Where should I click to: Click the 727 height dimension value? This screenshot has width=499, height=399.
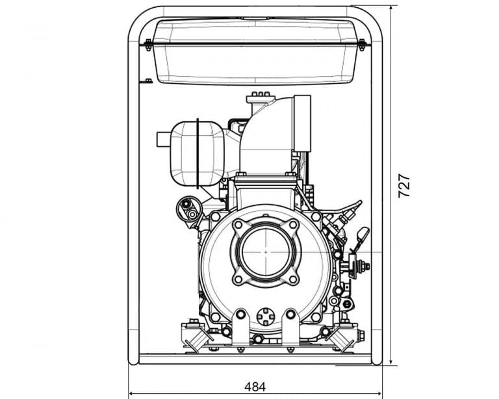point(404,185)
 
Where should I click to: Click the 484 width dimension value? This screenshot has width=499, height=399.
point(255,387)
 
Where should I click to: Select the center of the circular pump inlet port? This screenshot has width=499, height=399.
point(266,251)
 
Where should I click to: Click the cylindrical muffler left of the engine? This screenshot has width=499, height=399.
point(197,153)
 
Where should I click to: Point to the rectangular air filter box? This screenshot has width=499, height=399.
point(302,123)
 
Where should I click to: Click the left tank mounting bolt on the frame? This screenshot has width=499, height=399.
point(148,45)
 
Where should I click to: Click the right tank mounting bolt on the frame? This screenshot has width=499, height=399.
point(361,45)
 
